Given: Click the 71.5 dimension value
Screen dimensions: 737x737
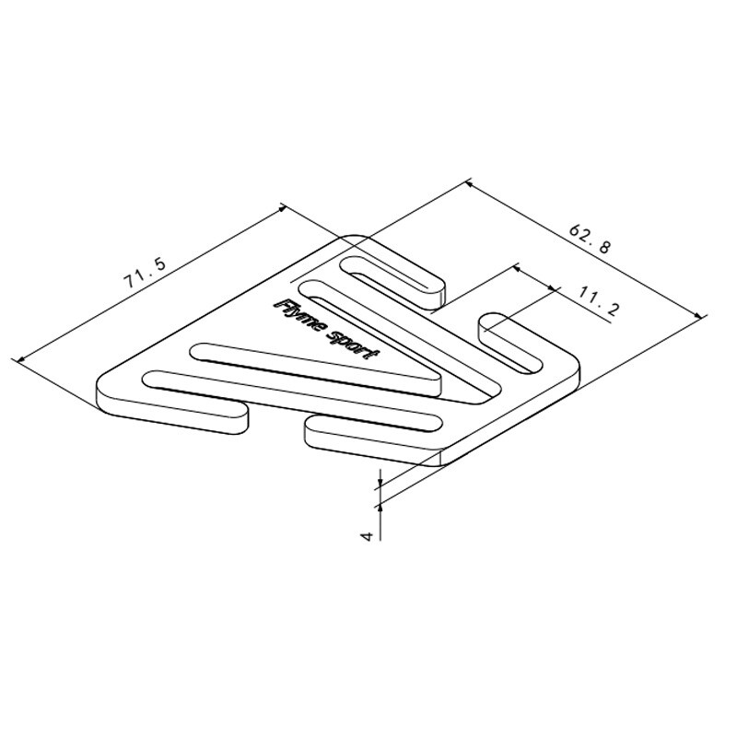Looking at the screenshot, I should [145, 277].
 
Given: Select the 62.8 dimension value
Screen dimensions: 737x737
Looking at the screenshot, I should [590, 239].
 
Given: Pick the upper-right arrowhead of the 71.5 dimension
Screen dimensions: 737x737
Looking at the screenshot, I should [280, 208].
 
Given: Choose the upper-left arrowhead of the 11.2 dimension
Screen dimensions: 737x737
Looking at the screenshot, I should [516, 268].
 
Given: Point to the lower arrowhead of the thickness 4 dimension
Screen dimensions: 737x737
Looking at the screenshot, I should [380, 505].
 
